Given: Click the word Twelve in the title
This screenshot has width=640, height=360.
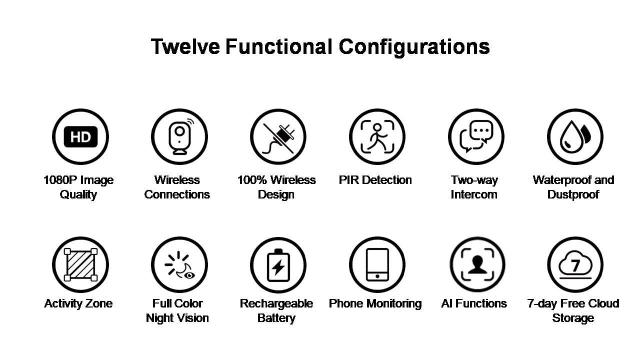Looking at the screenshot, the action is (185, 46).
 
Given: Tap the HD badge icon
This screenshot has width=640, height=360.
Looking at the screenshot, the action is (80, 137).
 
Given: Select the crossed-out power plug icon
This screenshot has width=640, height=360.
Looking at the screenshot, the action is (278, 138).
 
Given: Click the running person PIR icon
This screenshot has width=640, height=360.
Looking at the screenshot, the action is (377, 137).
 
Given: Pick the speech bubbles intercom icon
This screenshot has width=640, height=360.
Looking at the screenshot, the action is (476, 136).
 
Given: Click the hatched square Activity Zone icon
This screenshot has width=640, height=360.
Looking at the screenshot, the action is (80, 265).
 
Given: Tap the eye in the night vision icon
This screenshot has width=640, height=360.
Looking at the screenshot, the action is (189, 275).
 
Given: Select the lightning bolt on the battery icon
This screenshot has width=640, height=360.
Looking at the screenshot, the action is (278, 267).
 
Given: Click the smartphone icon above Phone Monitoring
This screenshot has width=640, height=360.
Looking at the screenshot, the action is (377, 265).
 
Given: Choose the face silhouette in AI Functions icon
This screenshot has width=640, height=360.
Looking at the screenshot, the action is (477, 265).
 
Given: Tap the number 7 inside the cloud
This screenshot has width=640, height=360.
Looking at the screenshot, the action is (575, 265).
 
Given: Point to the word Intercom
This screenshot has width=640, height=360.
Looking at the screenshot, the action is (474, 194).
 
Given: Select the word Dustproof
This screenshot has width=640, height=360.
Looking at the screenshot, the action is (573, 194).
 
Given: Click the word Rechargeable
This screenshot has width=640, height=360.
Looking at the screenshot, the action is (276, 303).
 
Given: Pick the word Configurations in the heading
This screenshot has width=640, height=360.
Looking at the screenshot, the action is (414, 47).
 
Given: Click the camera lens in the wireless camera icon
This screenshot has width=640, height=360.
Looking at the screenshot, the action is (179, 131).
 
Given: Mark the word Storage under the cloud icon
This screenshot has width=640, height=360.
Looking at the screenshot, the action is (573, 318).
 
